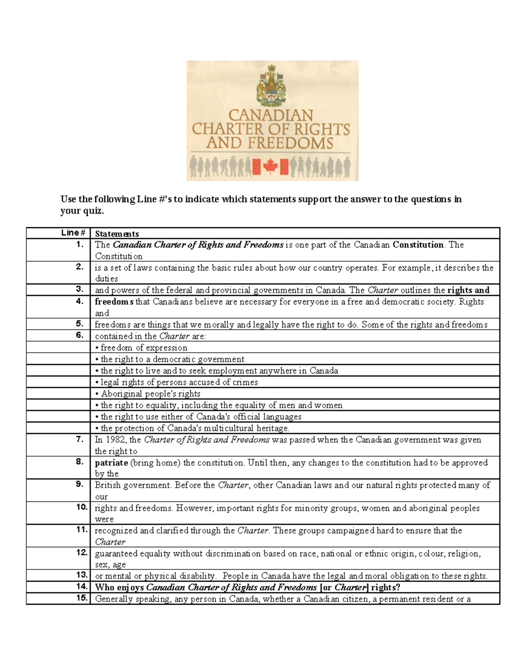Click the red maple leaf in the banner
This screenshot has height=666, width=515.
click(x=270, y=166)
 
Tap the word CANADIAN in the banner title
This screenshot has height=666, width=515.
click(x=271, y=115)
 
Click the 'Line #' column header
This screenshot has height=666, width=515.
click(x=73, y=233)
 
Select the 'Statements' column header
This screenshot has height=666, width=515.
click(x=117, y=234)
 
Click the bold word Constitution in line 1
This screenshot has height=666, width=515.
click(x=418, y=245)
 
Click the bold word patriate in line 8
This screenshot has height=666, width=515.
click(x=111, y=463)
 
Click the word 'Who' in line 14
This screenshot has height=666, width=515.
click(x=105, y=588)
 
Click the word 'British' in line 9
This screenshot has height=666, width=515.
click(x=108, y=485)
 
